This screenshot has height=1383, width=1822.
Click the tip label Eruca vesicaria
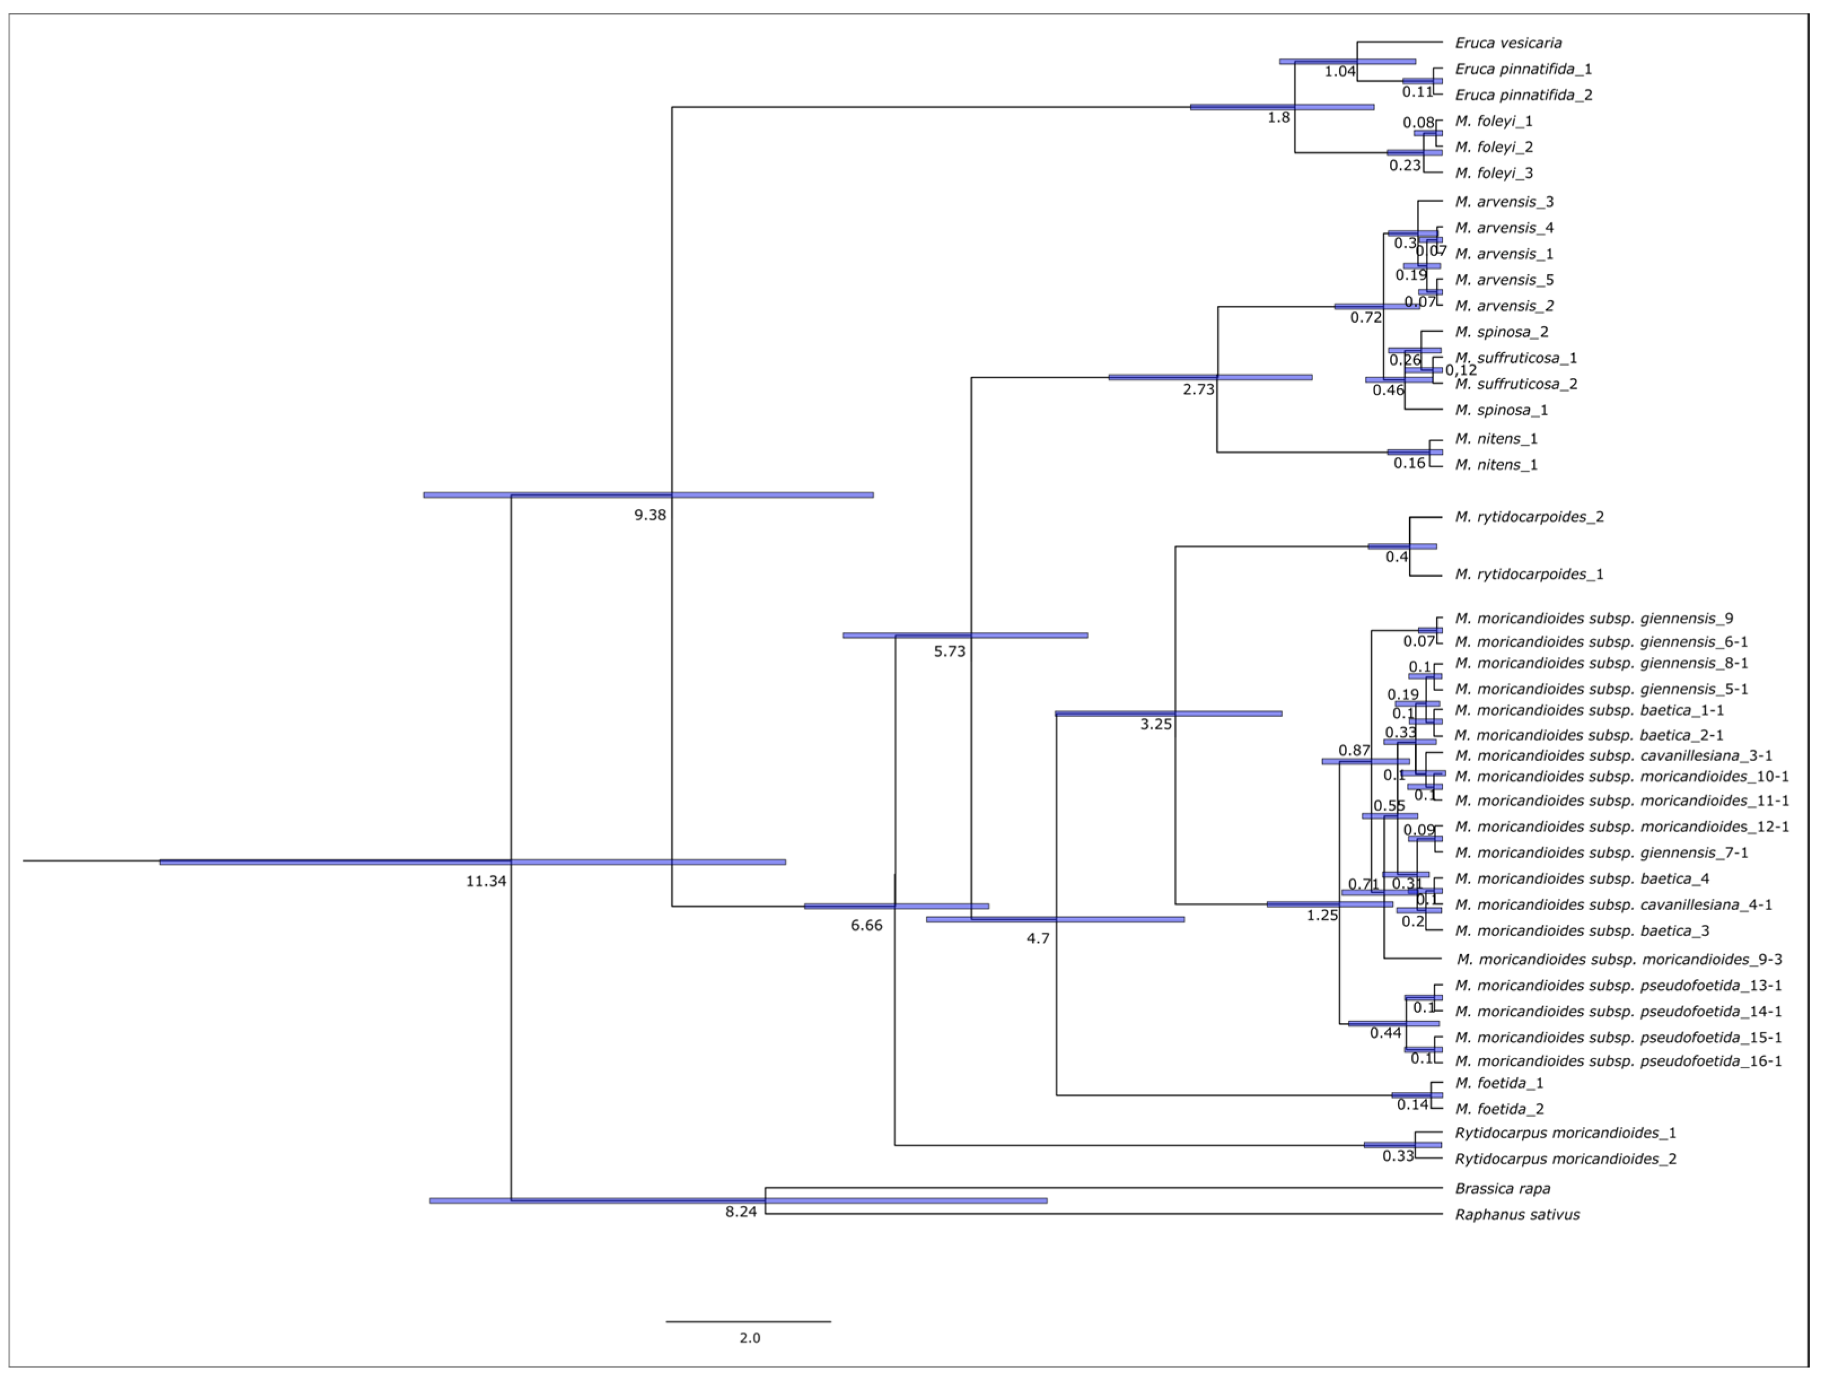pyautogui.click(x=1507, y=43)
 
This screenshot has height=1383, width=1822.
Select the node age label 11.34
pyautogui.click(x=486, y=881)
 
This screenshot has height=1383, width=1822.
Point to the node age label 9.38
pyautogui.click(x=650, y=516)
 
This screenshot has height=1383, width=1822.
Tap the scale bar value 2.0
pyautogui.click(x=750, y=1338)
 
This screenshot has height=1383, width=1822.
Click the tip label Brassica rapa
pyautogui.click(x=1502, y=1188)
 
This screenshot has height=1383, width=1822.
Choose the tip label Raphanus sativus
pyautogui.click(x=1517, y=1215)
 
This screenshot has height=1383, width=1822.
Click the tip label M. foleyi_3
pyautogui.click(x=1493, y=173)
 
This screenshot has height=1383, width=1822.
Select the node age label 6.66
pyautogui.click(x=866, y=926)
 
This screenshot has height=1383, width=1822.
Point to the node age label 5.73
pyautogui.click(x=949, y=652)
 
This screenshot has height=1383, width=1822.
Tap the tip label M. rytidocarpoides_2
pyautogui.click(x=1529, y=517)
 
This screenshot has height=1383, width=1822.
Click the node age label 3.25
pyautogui.click(x=1156, y=725)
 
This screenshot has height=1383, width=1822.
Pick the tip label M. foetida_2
pyautogui.click(x=1499, y=1109)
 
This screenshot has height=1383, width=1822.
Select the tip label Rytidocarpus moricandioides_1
pyautogui.click(x=1565, y=1134)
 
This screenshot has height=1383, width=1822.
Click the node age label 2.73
pyautogui.click(x=1199, y=389)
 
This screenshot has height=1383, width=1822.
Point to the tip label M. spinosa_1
pyautogui.click(x=1501, y=410)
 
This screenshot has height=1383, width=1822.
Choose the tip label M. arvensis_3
pyautogui.click(x=1504, y=202)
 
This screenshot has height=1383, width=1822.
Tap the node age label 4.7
pyautogui.click(x=1038, y=938)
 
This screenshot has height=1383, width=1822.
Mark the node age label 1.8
pyautogui.click(x=1278, y=118)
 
